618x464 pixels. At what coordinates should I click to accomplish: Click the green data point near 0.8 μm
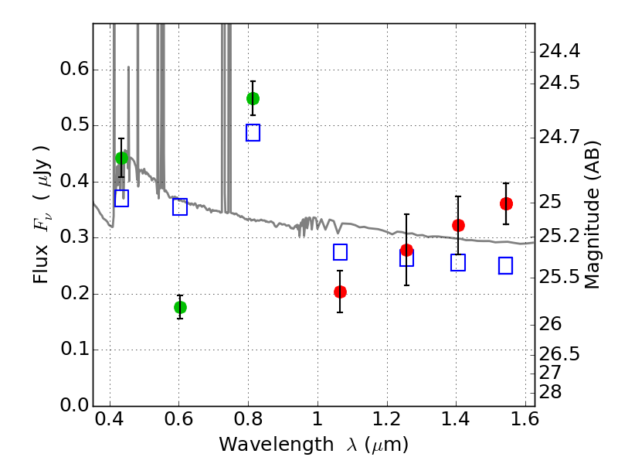click(x=253, y=99)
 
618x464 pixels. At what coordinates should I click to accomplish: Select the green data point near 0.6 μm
click(x=180, y=307)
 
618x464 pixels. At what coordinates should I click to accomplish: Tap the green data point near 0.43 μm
click(x=122, y=159)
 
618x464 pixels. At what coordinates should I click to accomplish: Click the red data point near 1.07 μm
click(x=340, y=292)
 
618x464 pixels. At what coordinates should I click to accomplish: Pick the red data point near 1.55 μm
click(x=507, y=204)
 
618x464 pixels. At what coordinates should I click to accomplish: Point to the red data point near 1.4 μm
click(x=458, y=225)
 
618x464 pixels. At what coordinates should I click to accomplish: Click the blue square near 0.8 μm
click(x=253, y=132)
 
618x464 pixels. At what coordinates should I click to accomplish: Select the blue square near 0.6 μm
click(x=180, y=206)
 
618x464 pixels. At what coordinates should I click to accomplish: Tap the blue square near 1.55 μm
click(x=506, y=265)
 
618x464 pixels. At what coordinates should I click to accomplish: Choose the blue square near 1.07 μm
click(x=340, y=252)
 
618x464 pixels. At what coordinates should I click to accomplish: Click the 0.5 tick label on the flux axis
click(x=74, y=125)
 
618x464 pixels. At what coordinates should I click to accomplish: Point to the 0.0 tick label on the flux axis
click(x=74, y=405)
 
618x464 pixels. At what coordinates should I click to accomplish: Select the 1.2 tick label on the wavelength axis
click(x=387, y=419)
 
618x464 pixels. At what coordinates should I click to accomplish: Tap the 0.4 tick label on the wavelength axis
click(x=110, y=419)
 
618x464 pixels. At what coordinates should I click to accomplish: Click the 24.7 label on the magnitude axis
click(x=559, y=137)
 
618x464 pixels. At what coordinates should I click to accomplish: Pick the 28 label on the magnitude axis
click(x=550, y=392)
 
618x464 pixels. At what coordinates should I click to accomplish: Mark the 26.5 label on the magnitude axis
click(x=559, y=354)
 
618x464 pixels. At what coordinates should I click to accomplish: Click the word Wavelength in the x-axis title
click(x=277, y=445)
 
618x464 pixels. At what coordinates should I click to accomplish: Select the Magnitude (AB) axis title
click(x=591, y=215)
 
